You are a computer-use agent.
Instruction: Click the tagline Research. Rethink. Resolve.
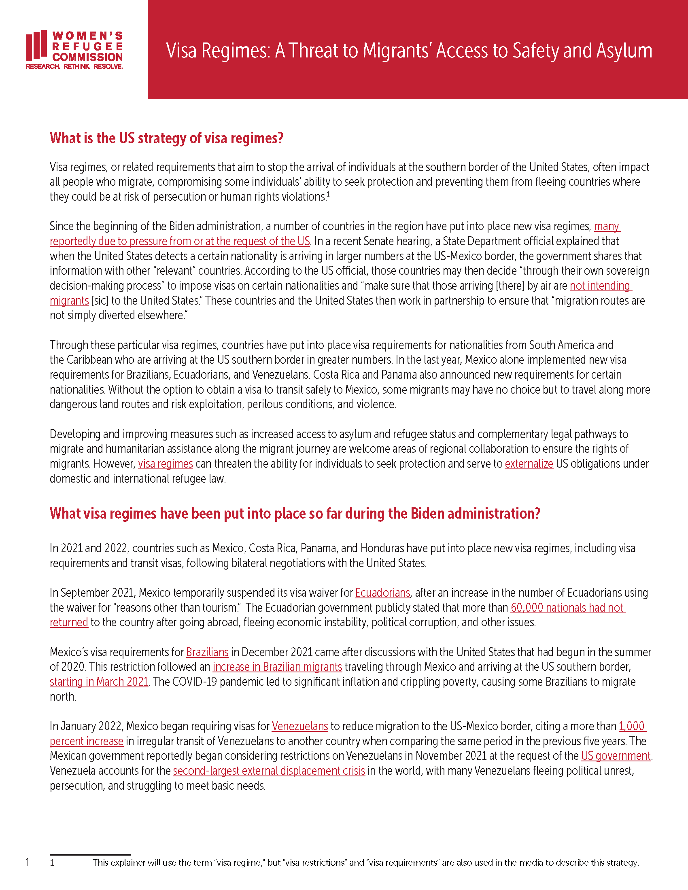(x=74, y=66)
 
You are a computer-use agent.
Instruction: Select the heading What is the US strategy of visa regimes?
(x=166, y=138)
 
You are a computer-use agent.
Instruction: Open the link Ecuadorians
(x=382, y=593)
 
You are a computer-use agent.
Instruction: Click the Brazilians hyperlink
(x=207, y=652)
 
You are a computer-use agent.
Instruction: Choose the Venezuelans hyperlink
(x=299, y=726)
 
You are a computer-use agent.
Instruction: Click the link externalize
(x=529, y=464)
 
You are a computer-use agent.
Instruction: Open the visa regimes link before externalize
(x=165, y=464)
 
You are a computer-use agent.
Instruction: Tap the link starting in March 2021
(x=99, y=682)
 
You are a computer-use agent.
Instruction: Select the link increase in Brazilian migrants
(x=277, y=667)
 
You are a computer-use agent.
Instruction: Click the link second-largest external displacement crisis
(x=269, y=771)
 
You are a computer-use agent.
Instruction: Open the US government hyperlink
(x=616, y=756)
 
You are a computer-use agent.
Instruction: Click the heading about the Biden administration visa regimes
(x=295, y=513)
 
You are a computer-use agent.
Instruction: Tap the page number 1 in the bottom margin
(x=27, y=862)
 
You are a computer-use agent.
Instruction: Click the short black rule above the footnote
(x=90, y=854)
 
